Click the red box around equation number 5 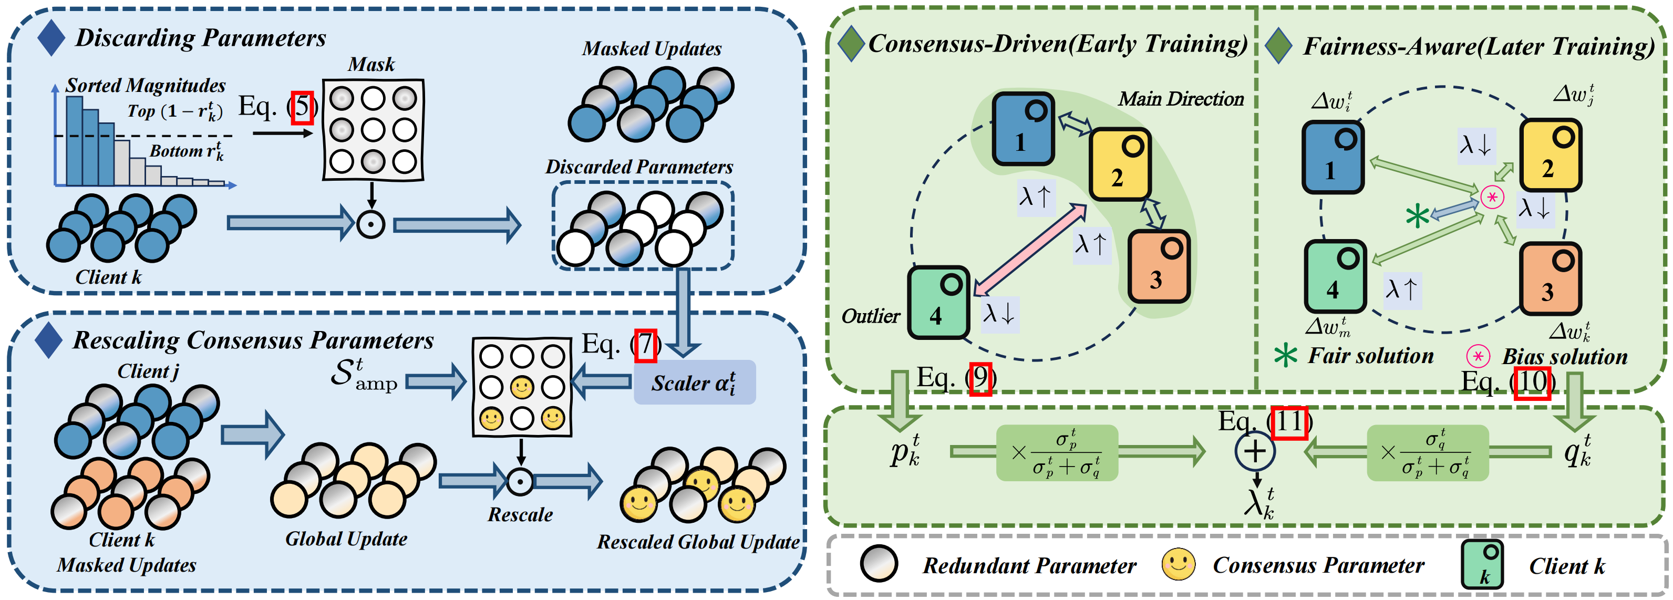302,107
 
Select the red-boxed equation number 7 646,346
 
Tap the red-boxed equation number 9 980,379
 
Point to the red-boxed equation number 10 1533,382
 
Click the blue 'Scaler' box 694,382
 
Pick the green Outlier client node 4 938,303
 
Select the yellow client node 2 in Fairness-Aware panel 1550,154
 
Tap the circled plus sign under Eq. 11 1255,451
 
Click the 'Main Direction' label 1181,99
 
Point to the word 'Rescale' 520,515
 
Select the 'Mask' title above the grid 371,64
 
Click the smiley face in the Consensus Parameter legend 1179,564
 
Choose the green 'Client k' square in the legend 1482,564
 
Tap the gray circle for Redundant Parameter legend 879,564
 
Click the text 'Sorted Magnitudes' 146,85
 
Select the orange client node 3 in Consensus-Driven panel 1159,266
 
